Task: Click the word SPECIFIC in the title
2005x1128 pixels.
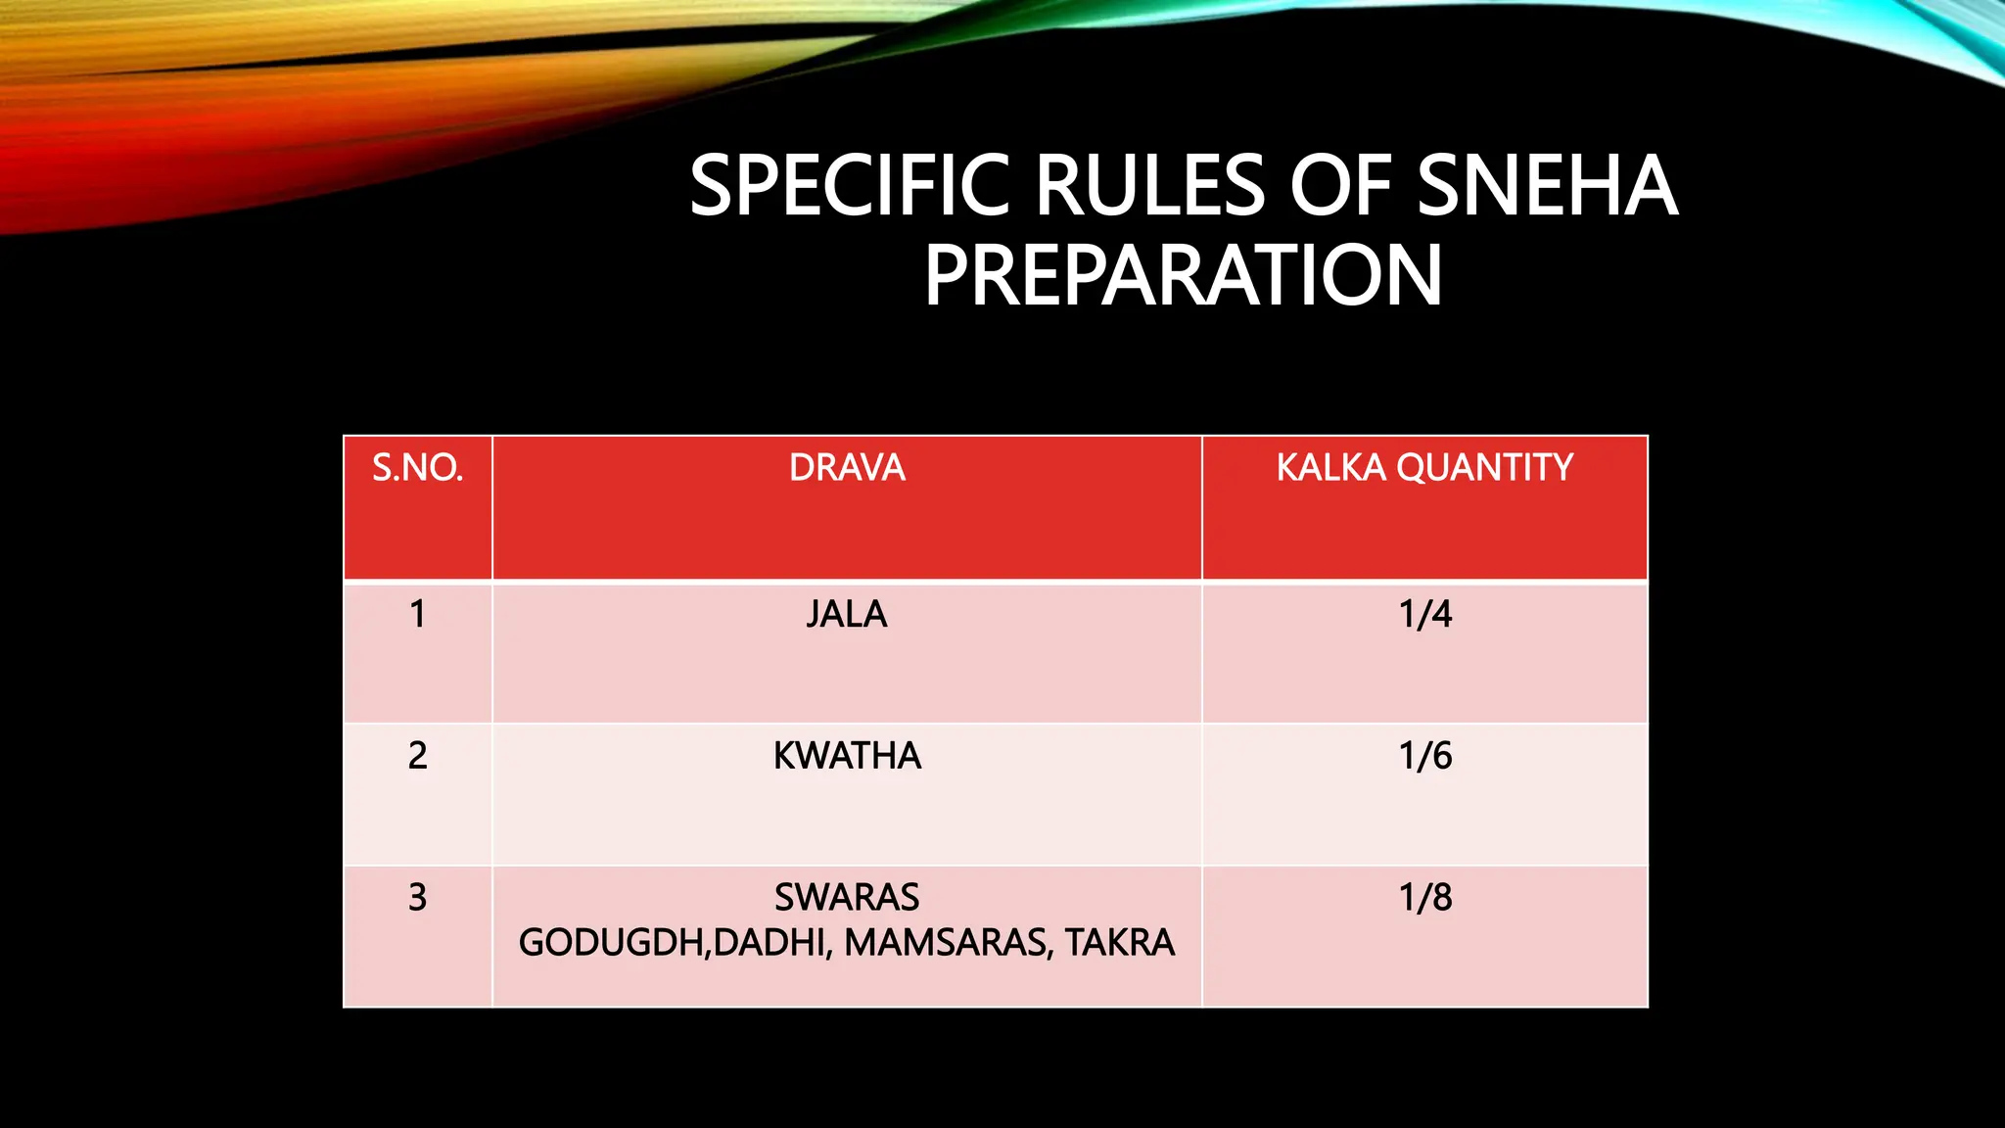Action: (849, 186)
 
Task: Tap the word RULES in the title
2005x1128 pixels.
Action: (1150, 186)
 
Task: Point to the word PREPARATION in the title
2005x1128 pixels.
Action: (1183, 276)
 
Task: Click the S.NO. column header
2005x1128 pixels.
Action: (417, 468)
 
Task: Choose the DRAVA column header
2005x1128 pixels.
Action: (847, 468)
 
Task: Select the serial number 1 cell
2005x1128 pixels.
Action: (417, 614)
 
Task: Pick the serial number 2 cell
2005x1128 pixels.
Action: (417, 756)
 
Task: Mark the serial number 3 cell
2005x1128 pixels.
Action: (417, 898)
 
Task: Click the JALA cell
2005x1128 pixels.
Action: (847, 614)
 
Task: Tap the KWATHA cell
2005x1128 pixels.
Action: (847, 756)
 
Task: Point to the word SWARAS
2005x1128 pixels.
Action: (847, 898)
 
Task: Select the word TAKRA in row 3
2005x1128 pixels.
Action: (1120, 943)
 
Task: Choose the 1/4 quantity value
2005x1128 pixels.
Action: (1424, 614)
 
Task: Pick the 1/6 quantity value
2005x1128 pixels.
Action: (1424, 756)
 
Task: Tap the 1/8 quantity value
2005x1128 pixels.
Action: (1424, 898)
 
